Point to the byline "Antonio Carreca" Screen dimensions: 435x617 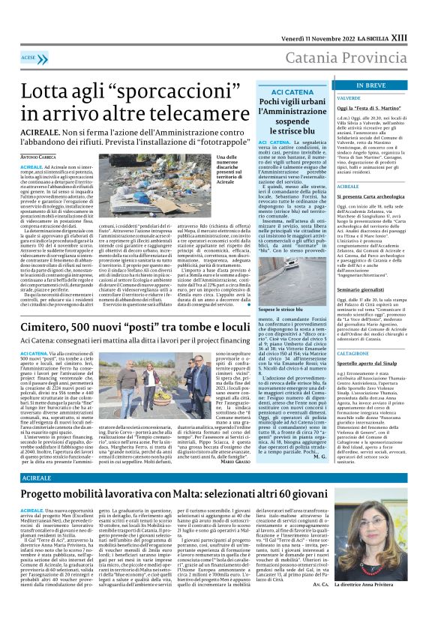coord(38,156)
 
